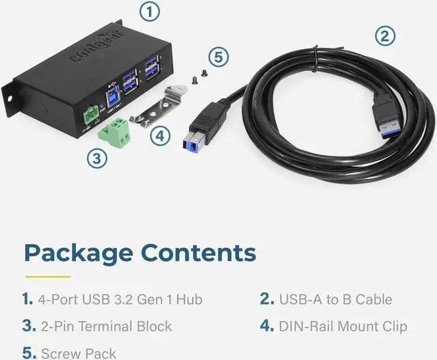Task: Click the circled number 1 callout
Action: (151, 12)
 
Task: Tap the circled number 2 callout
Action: (386, 37)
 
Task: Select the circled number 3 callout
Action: (98, 158)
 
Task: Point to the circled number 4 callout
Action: (159, 135)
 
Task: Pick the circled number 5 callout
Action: (216, 57)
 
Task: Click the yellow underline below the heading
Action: (48, 277)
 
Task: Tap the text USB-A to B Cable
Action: (335, 299)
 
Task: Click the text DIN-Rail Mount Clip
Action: (343, 326)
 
